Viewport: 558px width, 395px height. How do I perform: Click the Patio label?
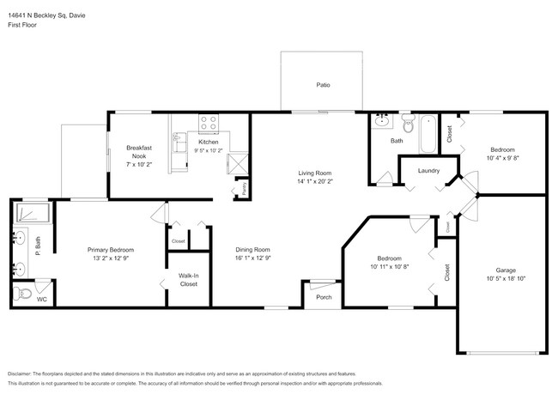[323, 85]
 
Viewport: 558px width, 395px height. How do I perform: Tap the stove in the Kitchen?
[208, 125]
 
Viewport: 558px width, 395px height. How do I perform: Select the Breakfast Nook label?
[139, 152]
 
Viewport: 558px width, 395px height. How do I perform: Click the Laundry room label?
[428, 171]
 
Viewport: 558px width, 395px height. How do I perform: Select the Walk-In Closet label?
[189, 279]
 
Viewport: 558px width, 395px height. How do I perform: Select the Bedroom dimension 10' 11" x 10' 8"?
[390, 266]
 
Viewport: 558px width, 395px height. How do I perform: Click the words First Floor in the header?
[23, 25]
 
